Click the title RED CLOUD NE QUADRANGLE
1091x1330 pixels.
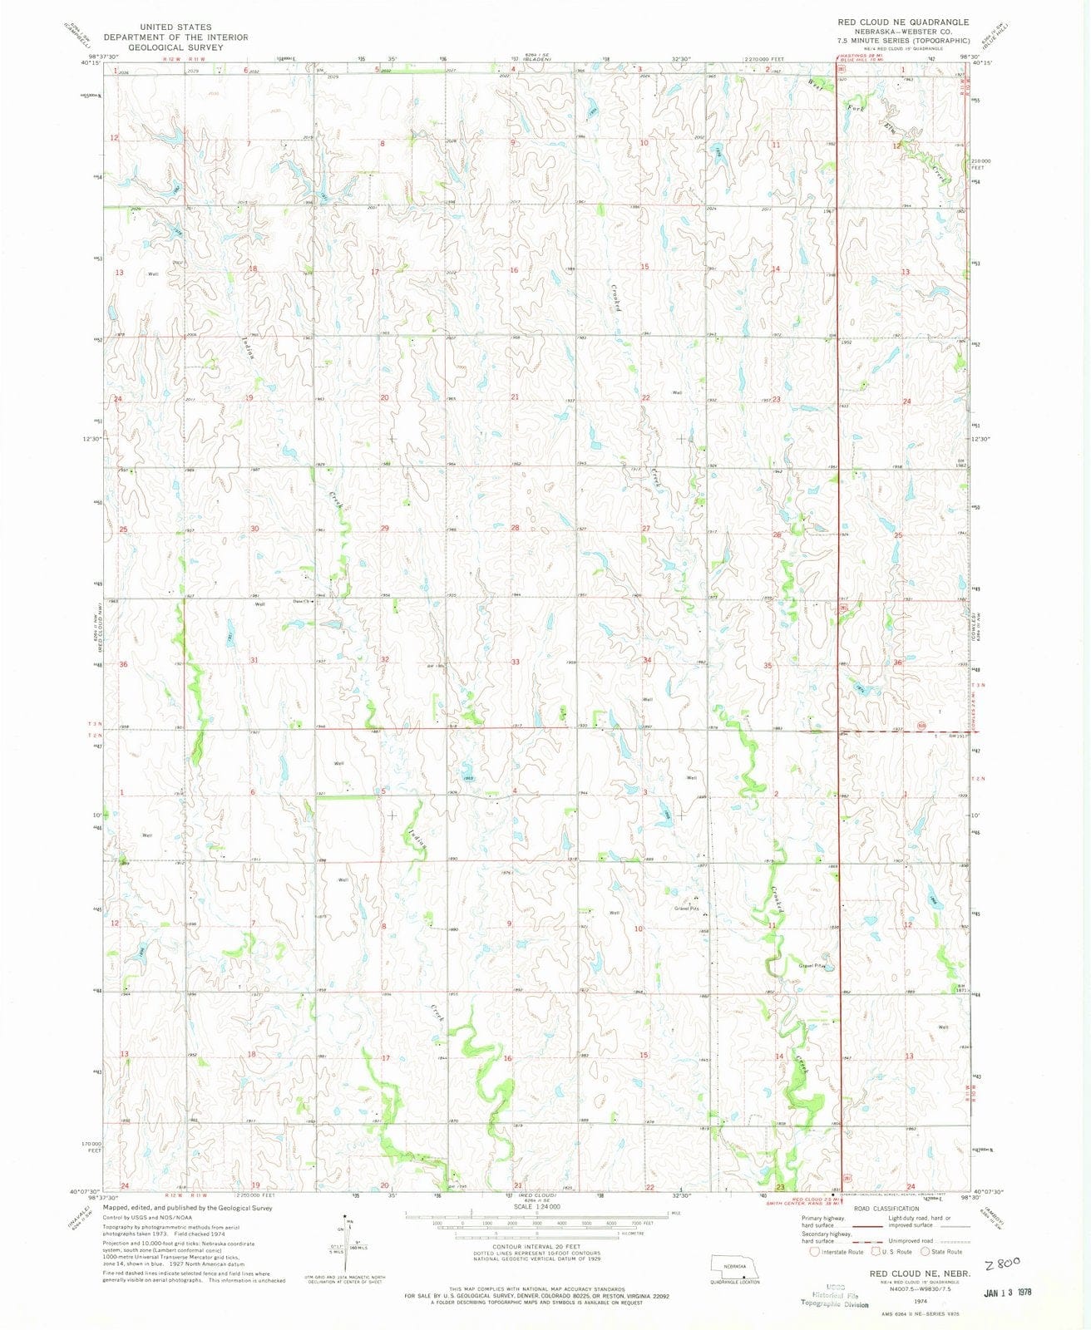click(900, 22)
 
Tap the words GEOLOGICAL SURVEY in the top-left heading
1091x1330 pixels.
click(175, 47)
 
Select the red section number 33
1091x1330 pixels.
click(515, 662)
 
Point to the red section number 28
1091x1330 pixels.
click(515, 528)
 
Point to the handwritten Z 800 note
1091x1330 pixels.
click(1001, 1239)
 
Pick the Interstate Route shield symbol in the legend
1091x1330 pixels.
click(816, 1251)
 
